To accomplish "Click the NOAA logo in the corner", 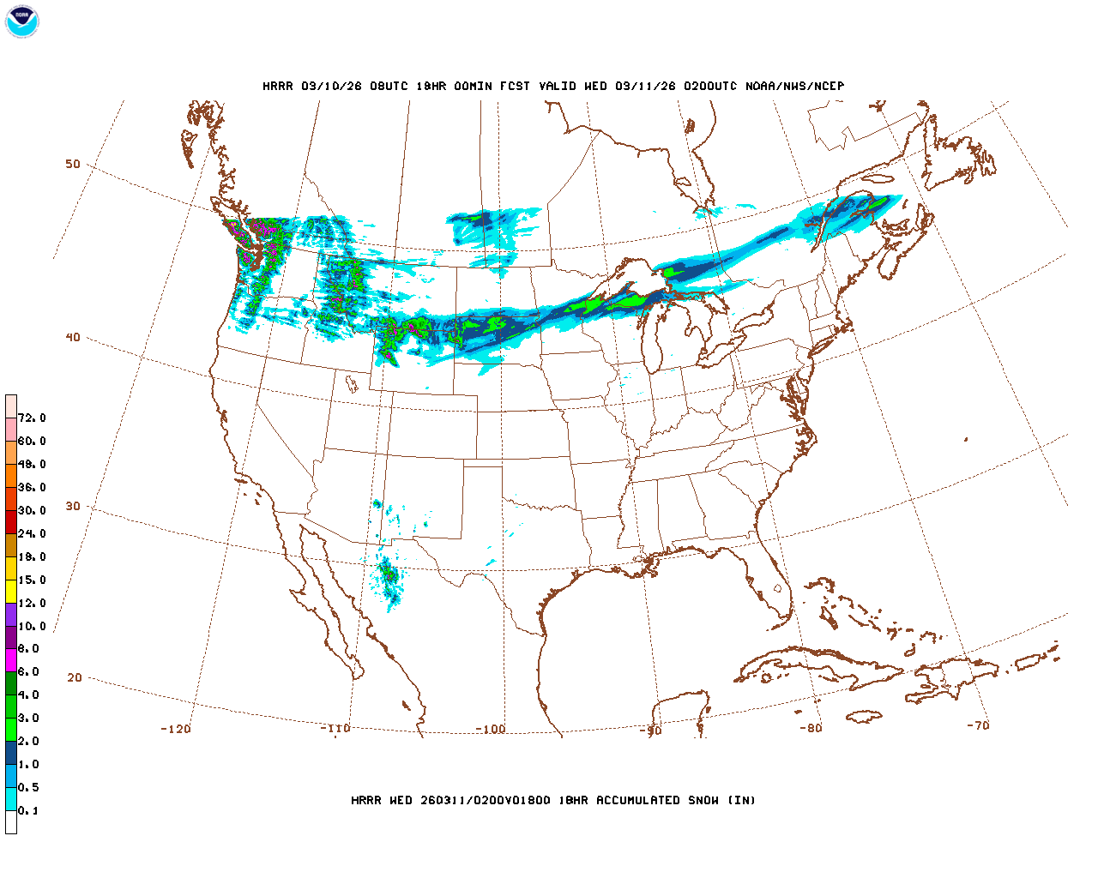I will (21, 21).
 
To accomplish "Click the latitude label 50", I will (73, 164).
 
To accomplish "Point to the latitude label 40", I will (73, 337).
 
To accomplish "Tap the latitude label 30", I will (73, 506).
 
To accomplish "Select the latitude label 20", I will (75, 677).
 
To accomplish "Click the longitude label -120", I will (176, 729).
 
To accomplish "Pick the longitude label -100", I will (491, 729).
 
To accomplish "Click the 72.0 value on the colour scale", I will (32, 418).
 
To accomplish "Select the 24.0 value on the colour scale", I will (32, 533).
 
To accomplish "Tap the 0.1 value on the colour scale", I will (28, 810).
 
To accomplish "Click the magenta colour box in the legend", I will (11, 660).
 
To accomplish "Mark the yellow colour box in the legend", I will (11, 591).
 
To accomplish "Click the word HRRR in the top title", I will (278, 86).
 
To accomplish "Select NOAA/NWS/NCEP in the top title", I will (794, 86).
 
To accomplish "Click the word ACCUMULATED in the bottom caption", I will (639, 800).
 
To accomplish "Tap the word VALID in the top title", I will (558, 86).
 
